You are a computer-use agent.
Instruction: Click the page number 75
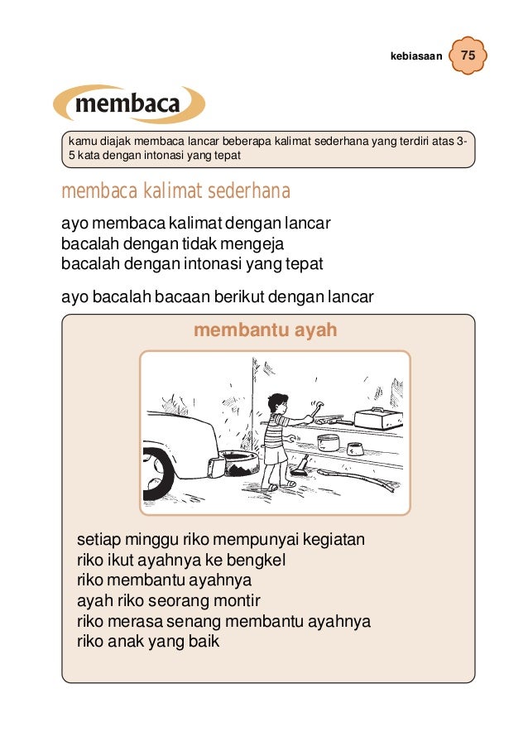tap(468, 56)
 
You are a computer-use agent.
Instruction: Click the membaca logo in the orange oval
tap(128, 104)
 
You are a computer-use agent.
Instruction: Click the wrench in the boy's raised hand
tap(315, 406)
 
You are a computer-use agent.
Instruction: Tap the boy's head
tap(277, 403)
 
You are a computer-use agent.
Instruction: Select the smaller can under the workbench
tap(355, 449)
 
